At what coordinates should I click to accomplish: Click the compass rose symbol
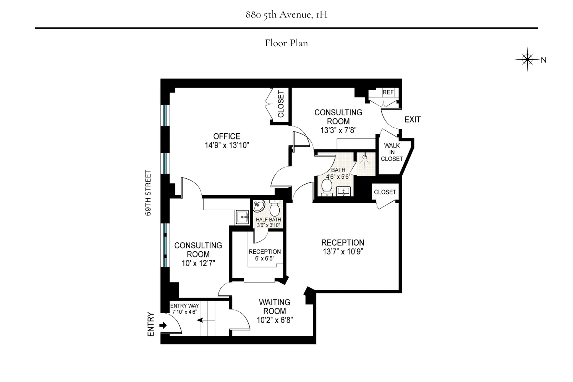pyautogui.click(x=528, y=59)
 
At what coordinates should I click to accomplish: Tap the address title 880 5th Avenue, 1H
pyautogui.click(x=286, y=15)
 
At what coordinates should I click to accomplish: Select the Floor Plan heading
pyautogui.click(x=286, y=43)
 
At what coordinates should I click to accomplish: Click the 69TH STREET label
pyautogui.click(x=149, y=193)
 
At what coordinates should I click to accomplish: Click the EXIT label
pyautogui.click(x=412, y=120)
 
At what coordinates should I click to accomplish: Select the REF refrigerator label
pyautogui.click(x=388, y=92)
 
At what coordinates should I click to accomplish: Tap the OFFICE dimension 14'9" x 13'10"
pyautogui.click(x=227, y=145)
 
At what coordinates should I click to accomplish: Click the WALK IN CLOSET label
pyautogui.click(x=392, y=152)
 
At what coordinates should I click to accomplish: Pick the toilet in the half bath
pyautogui.click(x=274, y=208)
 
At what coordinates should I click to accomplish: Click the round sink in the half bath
pyautogui.click(x=259, y=207)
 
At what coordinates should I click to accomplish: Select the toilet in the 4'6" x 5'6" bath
pyautogui.click(x=327, y=187)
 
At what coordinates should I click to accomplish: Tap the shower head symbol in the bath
pyautogui.click(x=365, y=157)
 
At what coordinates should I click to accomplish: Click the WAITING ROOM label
pyautogui.click(x=274, y=307)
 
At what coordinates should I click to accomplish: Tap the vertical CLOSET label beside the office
pyautogui.click(x=281, y=104)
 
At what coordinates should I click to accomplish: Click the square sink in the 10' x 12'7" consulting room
pyautogui.click(x=242, y=217)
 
